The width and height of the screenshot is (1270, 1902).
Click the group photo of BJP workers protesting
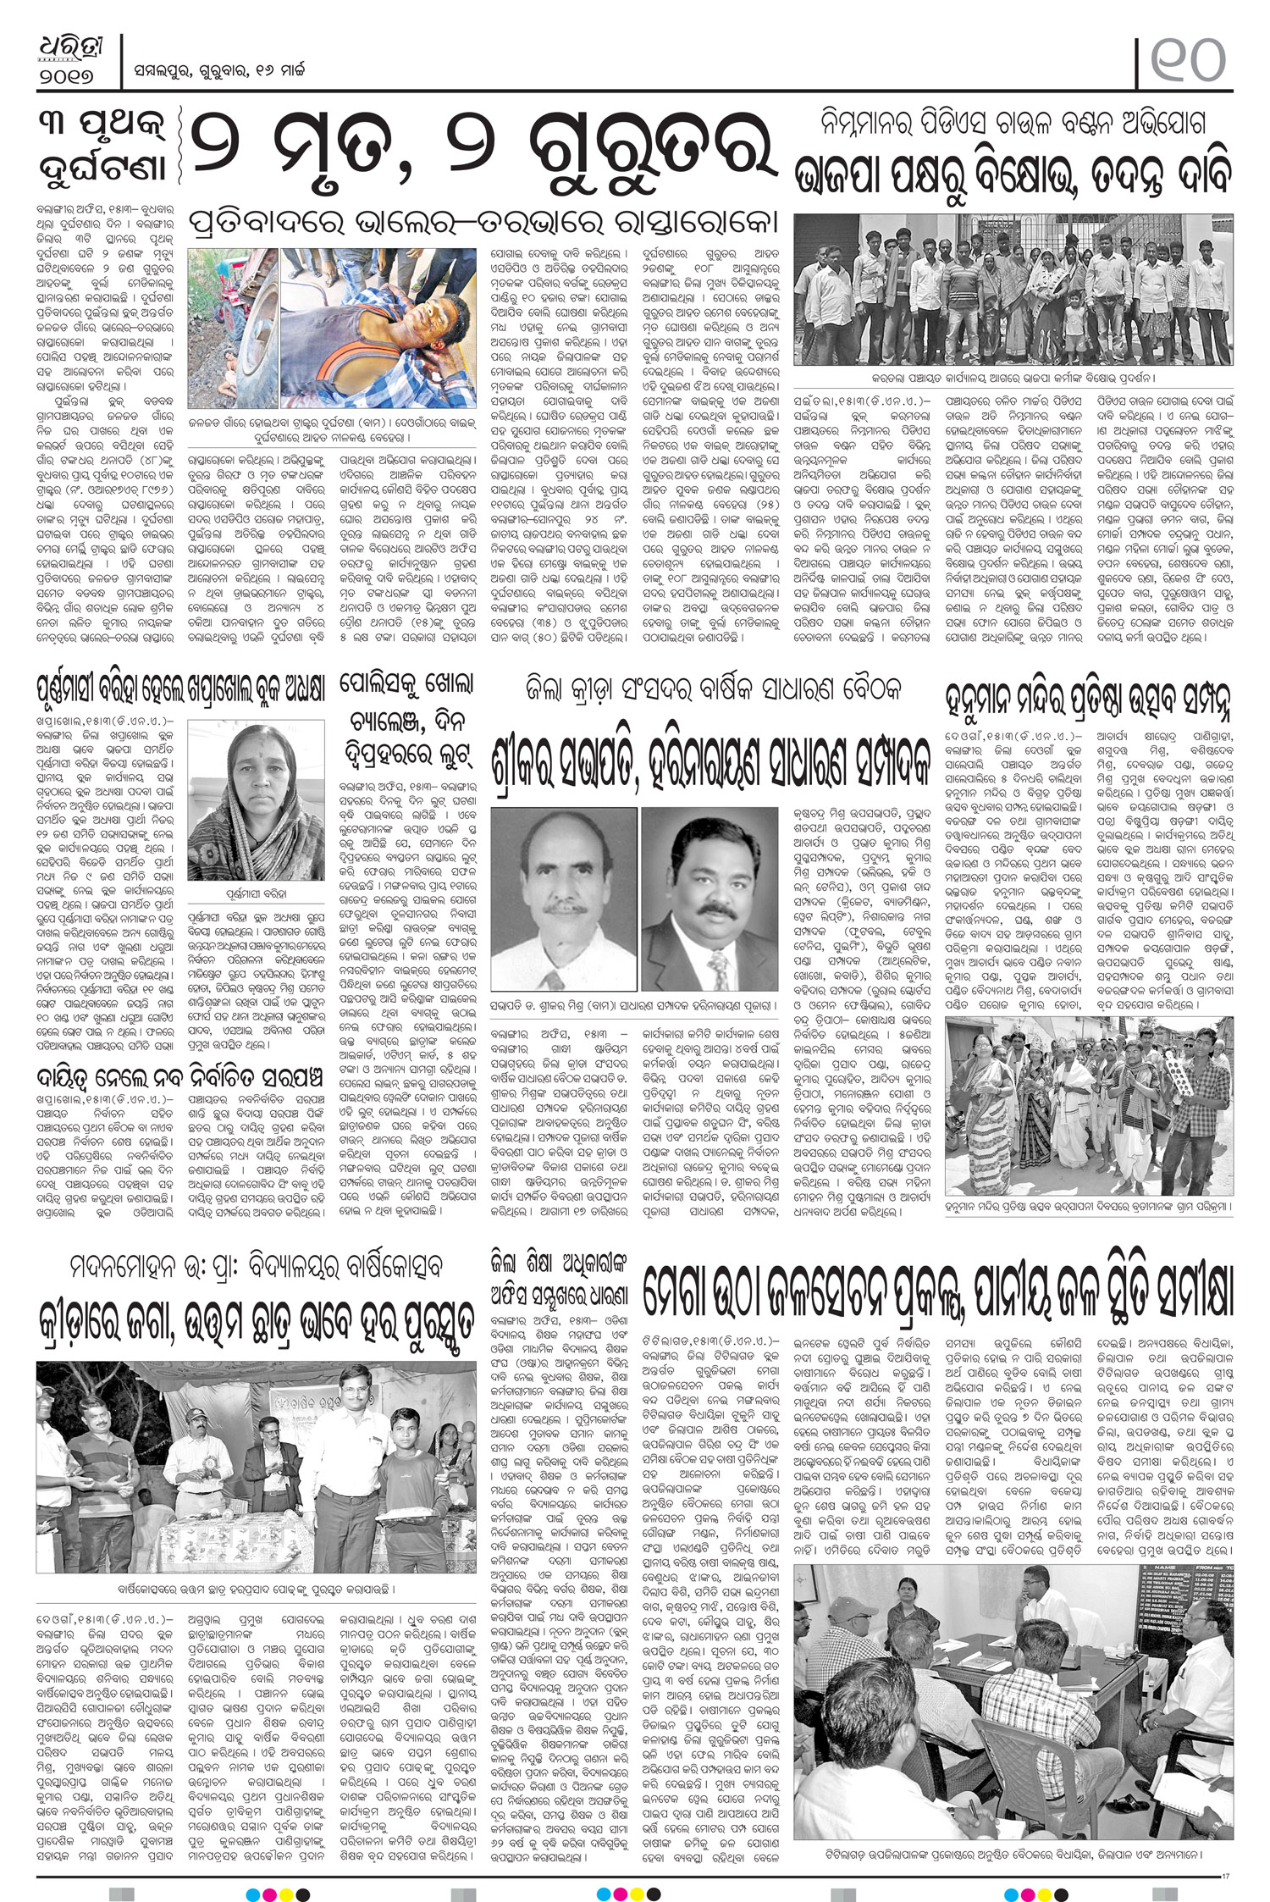pos(1011,289)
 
